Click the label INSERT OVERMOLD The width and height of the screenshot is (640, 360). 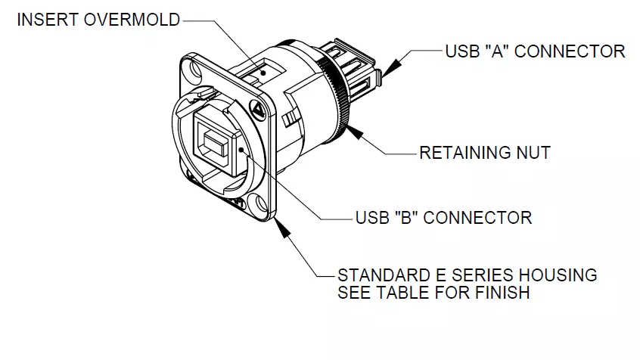click(x=98, y=20)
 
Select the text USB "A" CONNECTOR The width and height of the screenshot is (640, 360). click(x=535, y=51)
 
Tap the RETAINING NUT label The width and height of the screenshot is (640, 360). click(x=485, y=153)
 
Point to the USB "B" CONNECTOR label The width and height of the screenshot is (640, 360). click(x=443, y=218)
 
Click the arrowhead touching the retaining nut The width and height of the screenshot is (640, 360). click(x=355, y=132)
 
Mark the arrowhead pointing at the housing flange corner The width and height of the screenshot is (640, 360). click(x=282, y=228)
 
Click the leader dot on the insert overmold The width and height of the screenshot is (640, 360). click(x=264, y=73)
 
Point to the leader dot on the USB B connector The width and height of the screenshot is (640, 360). click(x=241, y=150)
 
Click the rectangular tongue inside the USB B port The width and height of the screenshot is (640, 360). click(x=214, y=145)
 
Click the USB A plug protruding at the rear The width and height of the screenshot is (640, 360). click(x=354, y=69)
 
